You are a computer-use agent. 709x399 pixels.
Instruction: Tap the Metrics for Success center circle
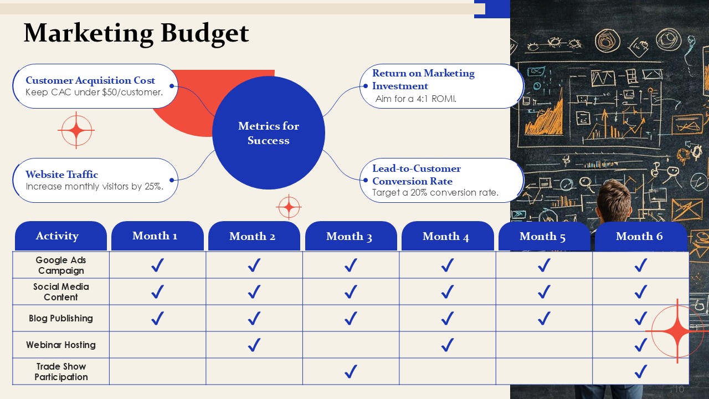269,132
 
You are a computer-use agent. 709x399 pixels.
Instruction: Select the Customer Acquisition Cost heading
90,80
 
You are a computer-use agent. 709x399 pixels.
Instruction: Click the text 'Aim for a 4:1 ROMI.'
416,99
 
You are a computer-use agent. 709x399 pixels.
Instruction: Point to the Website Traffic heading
61,175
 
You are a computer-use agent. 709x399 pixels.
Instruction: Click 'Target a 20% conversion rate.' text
435,192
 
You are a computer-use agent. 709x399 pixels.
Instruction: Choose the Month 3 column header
351,236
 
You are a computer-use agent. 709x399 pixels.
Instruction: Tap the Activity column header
61,236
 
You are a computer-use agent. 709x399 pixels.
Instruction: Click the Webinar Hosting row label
61,345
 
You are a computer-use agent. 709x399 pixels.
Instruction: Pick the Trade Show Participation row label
61,372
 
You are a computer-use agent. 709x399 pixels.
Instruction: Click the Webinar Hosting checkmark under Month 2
254,345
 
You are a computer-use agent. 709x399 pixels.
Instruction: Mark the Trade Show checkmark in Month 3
351,371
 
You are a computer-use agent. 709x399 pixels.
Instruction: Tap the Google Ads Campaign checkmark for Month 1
157,265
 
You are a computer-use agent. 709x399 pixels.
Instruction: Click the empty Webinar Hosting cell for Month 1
157,345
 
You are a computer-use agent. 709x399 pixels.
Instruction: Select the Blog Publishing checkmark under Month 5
544,318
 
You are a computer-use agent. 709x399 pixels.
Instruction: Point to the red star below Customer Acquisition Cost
76,130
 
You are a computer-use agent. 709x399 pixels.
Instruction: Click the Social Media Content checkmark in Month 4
447,291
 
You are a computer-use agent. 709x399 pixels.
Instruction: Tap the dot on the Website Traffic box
172,180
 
